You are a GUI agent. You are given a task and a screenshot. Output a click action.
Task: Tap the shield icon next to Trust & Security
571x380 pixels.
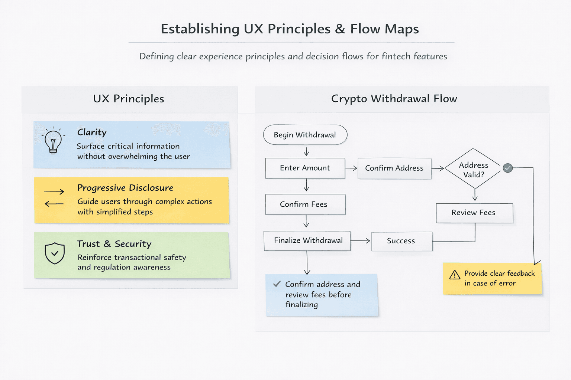click(x=55, y=253)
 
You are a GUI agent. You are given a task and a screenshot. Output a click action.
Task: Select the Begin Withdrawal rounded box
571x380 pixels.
click(x=305, y=135)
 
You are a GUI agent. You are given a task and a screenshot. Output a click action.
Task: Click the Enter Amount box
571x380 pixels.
click(x=305, y=168)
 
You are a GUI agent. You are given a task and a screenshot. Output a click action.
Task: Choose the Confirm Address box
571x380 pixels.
click(x=394, y=168)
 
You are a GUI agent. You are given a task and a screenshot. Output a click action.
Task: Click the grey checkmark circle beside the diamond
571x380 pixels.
click(x=508, y=168)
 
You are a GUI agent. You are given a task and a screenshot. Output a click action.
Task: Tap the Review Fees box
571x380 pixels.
click(x=474, y=213)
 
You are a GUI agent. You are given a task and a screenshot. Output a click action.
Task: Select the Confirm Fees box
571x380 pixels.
click(x=305, y=204)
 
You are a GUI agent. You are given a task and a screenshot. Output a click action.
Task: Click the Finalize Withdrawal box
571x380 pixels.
click(x=307, y=241)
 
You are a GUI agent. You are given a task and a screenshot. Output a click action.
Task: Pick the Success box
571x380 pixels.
click(x=402, y=241)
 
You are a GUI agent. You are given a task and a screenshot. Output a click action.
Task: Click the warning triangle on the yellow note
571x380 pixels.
click(x=455, y=275)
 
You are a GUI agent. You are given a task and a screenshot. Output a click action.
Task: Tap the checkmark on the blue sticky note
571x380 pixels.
click(x=277, y=284)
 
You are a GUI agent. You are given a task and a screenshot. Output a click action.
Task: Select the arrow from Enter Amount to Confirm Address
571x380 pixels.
click(x=351, y=168)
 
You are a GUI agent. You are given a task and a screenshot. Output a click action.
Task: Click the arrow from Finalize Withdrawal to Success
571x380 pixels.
click(x=361, y=241)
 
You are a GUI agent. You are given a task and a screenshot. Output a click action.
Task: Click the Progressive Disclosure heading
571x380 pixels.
click(x=125, y=188)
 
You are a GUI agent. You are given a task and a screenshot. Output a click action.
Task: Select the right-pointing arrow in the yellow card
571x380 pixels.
click(x=54, y=191)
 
